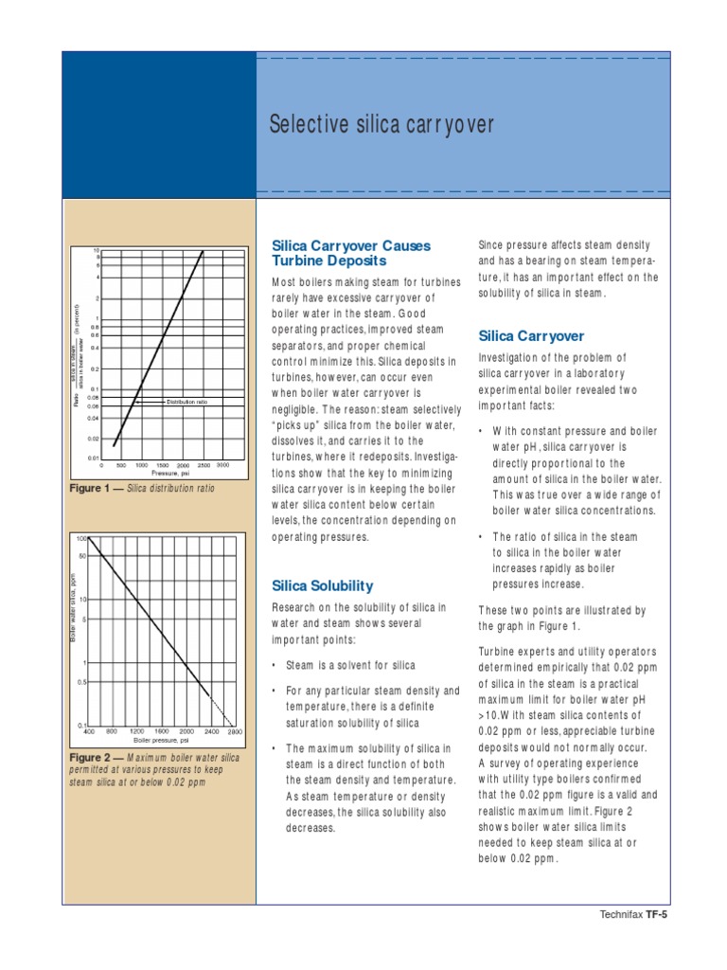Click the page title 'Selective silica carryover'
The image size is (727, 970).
coord(381,124)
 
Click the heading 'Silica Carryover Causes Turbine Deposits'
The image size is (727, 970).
coord(350,252)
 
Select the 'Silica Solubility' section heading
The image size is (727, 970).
coord(322,585)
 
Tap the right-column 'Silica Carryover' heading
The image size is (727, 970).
coord(531,336)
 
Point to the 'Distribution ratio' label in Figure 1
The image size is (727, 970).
coord(186,402)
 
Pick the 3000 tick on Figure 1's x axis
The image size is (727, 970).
coord(222,465)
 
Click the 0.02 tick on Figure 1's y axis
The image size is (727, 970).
coord(94,439)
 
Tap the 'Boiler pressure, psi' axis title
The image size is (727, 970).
coord(163,739)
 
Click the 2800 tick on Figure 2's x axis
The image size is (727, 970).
coord(235,731)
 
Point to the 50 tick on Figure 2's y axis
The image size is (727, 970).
coord(82,556)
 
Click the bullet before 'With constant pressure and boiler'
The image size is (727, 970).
coord(482,430)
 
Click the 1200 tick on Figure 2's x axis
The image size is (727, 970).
coord(136,731)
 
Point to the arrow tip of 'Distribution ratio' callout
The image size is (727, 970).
coord(135,402)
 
